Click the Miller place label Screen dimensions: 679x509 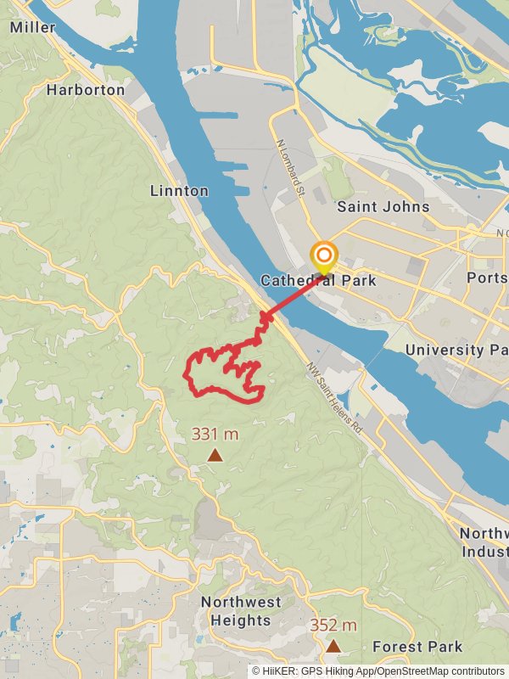[x=32, y=27]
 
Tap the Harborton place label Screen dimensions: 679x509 [x=86, y=89]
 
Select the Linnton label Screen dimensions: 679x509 [x=179, y=190]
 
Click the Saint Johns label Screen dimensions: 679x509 [x=383, y=206]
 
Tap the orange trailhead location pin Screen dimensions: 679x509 [x=323, y=256]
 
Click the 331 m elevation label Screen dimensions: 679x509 [x=215, y=434]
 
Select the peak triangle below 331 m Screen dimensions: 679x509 [x=215, y=456]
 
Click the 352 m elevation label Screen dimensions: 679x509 [x=333, y=625]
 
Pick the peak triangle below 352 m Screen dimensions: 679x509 [x=333, y=646]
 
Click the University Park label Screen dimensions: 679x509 [x=456, y=349]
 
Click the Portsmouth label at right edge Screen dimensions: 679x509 [x=487, y=278]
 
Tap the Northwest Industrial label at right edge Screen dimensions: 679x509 [x=484, y=542]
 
